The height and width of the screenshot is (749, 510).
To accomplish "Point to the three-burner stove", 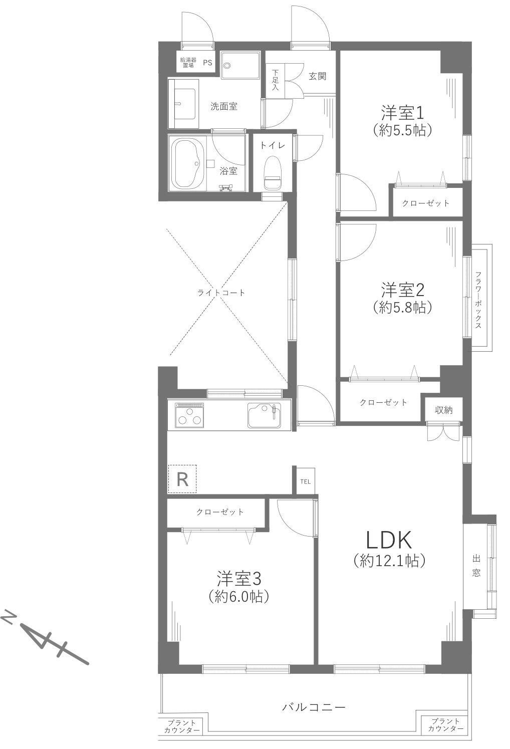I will pyautogui.click(x=189, y=415).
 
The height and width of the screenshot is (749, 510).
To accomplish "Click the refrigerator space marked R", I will pyautogui.click(x=182, y=479).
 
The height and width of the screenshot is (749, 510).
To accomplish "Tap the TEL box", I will pyautogui.click(x=305, y=482).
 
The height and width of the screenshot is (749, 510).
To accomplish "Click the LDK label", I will pyautogui.click(x=389, y=540).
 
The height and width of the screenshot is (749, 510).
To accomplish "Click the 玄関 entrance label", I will pyautogui.click(x=317, y=76).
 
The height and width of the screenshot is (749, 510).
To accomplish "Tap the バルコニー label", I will pyautogui.click(x=314, y=707).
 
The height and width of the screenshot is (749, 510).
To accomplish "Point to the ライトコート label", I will pyautogui.click(x=221, y=293).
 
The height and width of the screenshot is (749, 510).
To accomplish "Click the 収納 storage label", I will pyautogui.click(x=443, y=410).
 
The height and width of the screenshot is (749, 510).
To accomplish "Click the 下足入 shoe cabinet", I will pyautogui.click(x=275, y=79).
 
